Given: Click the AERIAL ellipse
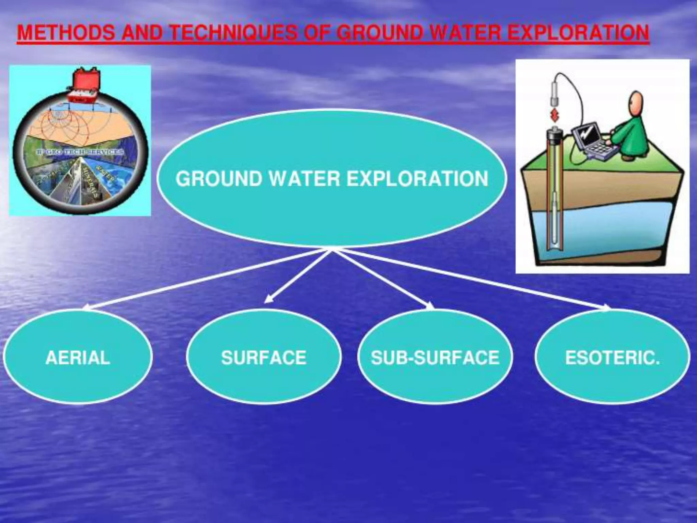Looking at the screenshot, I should (x=78, y=358).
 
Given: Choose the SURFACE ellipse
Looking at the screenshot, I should (x=264, y=358).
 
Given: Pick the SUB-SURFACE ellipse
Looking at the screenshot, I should (x=435, y=358).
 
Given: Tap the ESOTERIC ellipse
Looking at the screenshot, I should (x=613, y=358).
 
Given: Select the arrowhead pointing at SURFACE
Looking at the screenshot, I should (x=269, y=300).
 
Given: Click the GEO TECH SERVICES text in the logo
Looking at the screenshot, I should (x=80, y=152).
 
